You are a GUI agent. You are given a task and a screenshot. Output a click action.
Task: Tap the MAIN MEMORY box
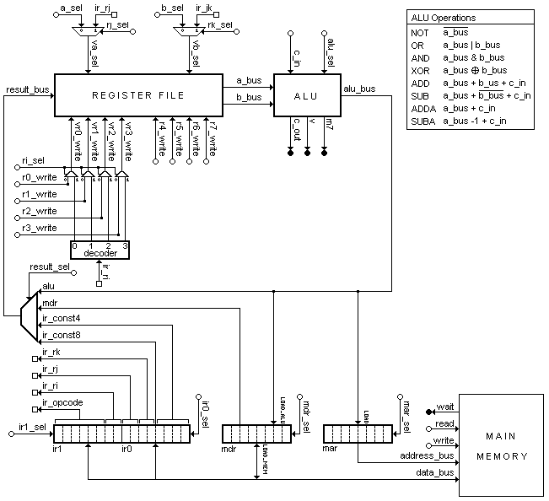pyautogui.click(x=495, y=446)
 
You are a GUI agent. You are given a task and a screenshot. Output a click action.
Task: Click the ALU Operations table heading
pyautogui.click(x=443, y=18)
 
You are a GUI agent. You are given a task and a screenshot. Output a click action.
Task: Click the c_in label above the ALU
pyautogui.click(x=297, y=59)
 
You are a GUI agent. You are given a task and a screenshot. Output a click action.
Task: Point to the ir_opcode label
pyautogui.click(x=62, y=403)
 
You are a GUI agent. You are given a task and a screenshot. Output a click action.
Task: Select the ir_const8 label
pyautogui.click(x=62, y=337)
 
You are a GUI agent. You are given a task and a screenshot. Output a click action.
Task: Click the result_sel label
pyautogui.click(x=50, y=267)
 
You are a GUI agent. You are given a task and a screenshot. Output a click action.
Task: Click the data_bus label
pyautogui.click(x=436, y=473)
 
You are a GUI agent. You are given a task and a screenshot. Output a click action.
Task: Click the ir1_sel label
pyautogui.click(x=32, y=427)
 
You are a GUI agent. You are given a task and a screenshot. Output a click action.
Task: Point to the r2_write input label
pyautogui.click(x=40, y=212)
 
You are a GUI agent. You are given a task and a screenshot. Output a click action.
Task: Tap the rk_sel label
pyautogui.click(x=219, y=24)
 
